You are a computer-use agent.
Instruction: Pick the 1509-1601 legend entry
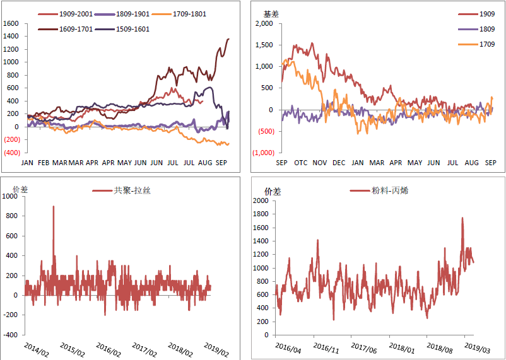coord(132,29)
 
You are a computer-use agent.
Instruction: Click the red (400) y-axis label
coord(12,153)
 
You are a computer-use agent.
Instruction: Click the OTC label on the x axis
coord(300,163)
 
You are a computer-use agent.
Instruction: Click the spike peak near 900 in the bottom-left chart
coord(53,206)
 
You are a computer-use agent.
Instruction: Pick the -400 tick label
coord(11,335)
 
